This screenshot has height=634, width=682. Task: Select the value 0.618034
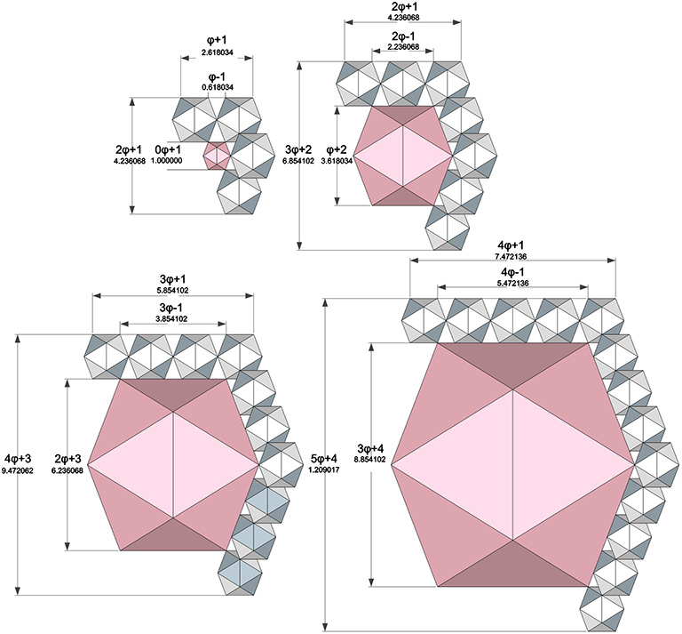[x=217, y=88]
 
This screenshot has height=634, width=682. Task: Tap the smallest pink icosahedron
[x=217, y=156]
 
